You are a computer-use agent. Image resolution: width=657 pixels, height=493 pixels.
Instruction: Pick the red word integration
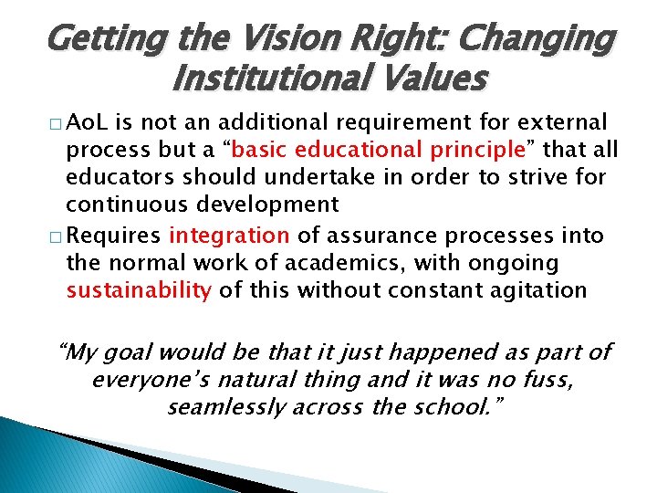click(228, 236)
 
